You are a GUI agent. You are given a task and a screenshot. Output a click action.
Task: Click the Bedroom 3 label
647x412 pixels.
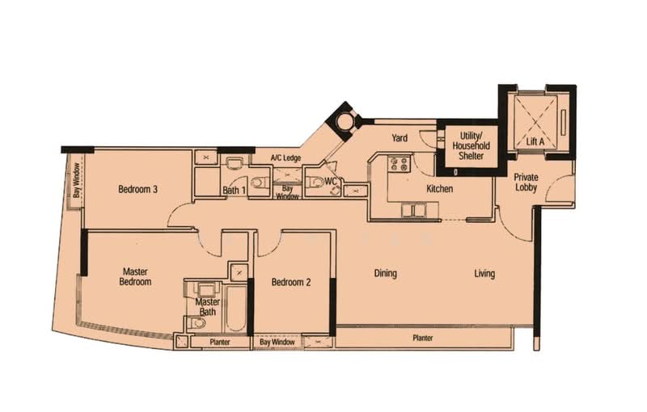pos(137,190)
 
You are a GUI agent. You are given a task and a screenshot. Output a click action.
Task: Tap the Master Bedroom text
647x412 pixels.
pos(137,277)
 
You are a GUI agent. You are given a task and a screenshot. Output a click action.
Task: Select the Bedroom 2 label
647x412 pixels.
pos(291,282)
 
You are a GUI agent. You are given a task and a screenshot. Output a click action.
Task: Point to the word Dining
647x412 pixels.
pos(386,273)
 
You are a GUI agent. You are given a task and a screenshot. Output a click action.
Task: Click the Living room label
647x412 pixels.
pos(484,273)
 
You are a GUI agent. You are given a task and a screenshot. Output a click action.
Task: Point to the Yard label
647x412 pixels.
pos(400,138)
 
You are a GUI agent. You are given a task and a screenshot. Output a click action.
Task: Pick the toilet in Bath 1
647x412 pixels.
pos(258,183)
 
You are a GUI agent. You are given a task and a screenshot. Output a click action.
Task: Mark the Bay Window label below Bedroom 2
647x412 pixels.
pos(277,343)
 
